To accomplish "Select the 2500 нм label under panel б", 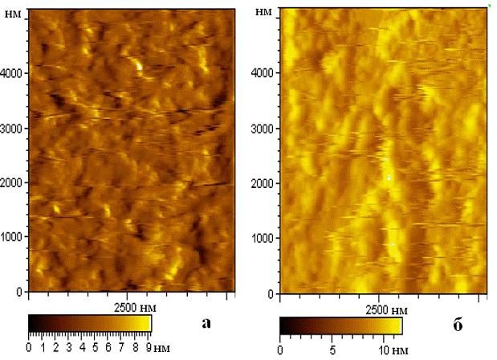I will tap(386, 310).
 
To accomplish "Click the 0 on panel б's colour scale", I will tap(280, 350).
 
